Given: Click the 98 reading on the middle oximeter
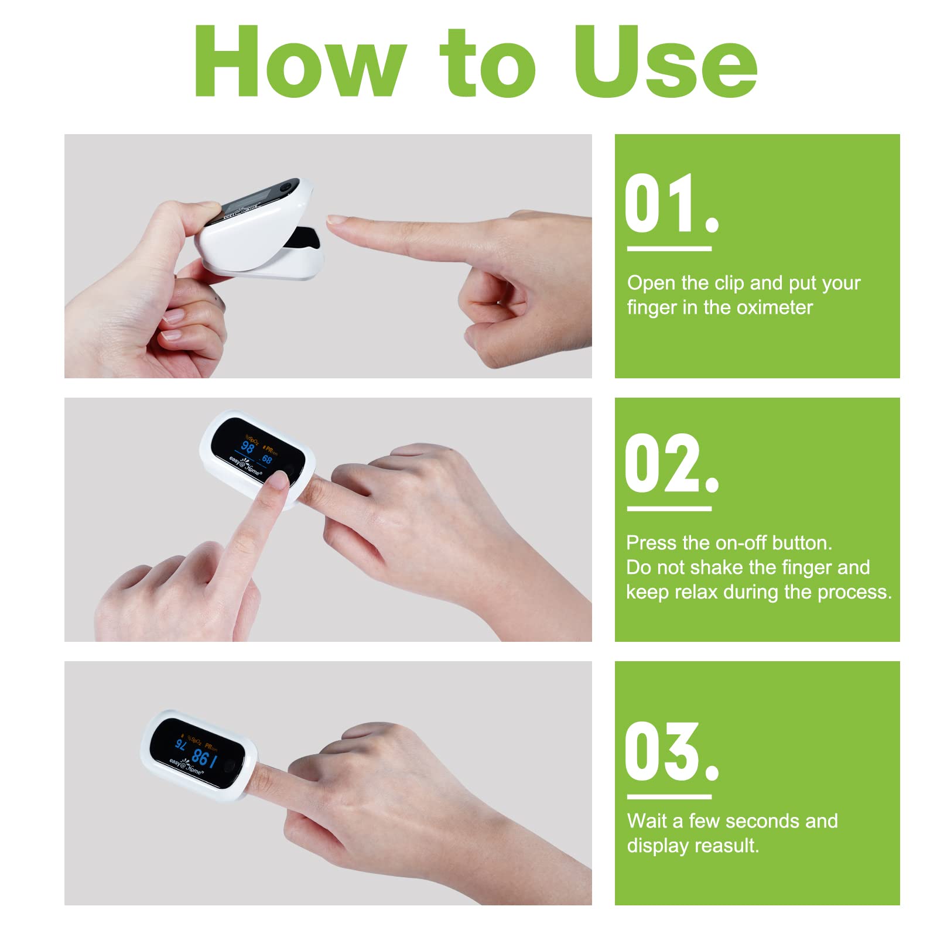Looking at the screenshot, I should [x=248, y=447].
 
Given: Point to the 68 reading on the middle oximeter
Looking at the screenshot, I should [x=267, y=459].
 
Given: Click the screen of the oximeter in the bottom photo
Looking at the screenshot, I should [x=196, y=753].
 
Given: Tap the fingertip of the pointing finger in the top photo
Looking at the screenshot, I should [x=337, y=221].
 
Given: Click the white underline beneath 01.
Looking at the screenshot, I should [x=669, y=249].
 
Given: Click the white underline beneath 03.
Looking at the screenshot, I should [x=669, y=796].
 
